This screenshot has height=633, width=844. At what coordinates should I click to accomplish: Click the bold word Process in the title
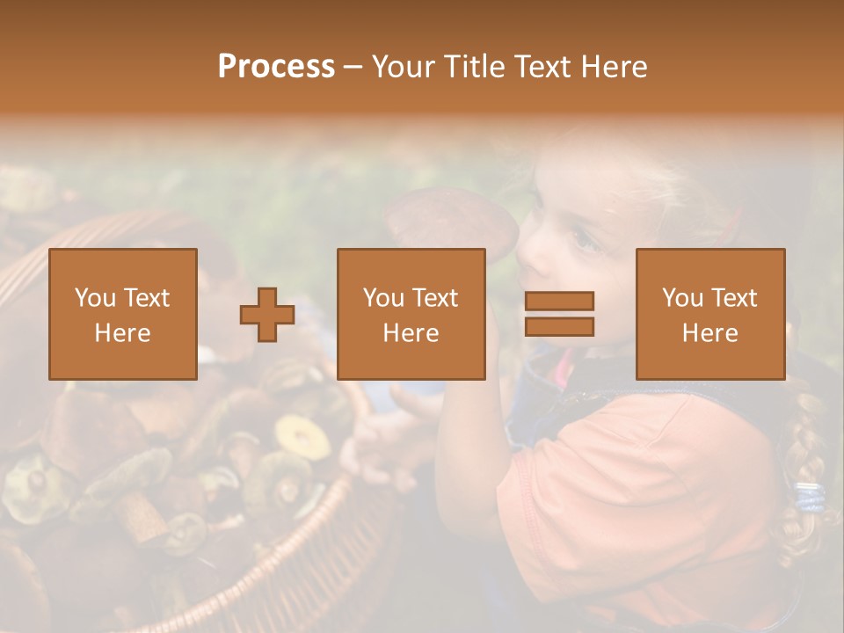276,67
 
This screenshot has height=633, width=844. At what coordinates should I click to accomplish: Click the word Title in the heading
473,67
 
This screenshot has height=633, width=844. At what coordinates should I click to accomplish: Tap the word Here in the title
613,67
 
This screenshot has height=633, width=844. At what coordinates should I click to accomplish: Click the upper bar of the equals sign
559,301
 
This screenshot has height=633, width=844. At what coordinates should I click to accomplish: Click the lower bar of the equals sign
559,327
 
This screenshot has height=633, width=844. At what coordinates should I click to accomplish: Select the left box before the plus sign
123,314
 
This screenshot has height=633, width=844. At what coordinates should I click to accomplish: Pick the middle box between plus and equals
411,314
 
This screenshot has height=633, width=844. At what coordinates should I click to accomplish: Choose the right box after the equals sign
709,314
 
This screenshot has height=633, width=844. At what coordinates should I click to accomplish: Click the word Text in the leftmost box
146,298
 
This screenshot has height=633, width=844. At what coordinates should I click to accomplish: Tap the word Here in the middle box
411,333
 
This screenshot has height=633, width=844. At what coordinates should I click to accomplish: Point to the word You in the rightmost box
682,298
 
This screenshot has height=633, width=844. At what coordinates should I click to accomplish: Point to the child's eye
582,237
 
